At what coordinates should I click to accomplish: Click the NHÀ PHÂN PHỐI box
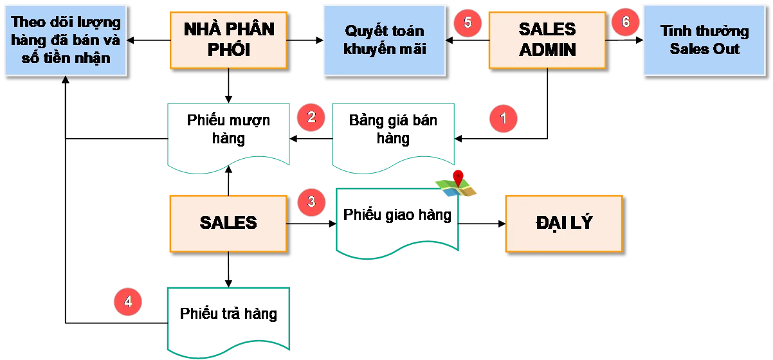pos(228,39)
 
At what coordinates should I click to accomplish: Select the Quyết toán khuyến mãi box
pos(385,40)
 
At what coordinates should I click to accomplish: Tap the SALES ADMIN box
pos(547,39)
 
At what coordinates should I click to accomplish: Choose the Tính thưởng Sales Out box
pos(705,40)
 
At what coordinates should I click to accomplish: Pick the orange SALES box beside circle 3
pos(228,222)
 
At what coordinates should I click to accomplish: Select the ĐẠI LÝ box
pos(563,222)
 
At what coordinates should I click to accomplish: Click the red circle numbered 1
pos(504,118)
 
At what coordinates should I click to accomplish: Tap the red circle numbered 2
pos(311,118)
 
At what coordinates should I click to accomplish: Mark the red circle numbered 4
pos(128,301)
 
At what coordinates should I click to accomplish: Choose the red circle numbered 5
pos(468,22)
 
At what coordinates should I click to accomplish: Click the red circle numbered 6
pos(625,22)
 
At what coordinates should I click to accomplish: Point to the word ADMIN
pos(547,50)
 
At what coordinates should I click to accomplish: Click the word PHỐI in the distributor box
pos(228,50)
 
